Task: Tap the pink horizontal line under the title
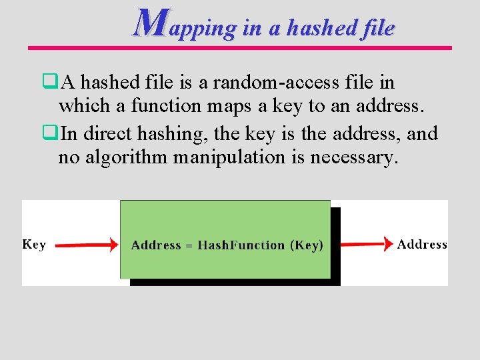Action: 240,48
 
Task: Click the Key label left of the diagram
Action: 34,244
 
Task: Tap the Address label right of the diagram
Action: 422,244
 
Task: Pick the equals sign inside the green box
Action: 189,246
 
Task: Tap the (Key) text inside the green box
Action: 307,245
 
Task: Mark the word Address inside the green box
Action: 156,245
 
